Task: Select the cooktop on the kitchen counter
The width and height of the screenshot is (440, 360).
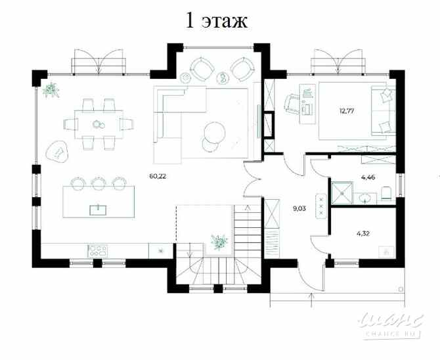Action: click(x=99, y=250)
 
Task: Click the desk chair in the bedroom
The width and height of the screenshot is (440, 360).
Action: click(x=292, y=103)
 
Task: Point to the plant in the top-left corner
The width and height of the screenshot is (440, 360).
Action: click(x=50, y=90)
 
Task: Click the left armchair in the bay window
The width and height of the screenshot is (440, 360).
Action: click(x=199, y=68)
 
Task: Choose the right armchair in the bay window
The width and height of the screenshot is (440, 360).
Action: click(x=241, y=68)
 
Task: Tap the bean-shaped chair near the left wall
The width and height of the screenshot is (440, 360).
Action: click(x=58, y=150)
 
